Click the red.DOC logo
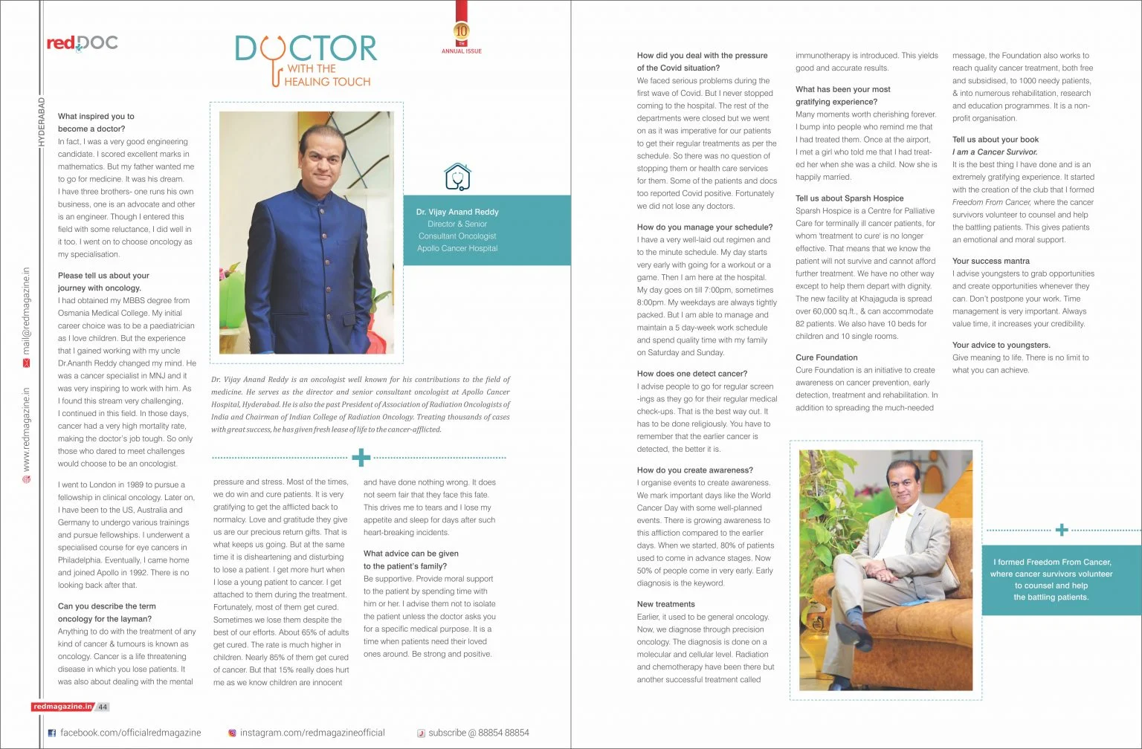(82, 43)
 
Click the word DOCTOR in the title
(306, 48)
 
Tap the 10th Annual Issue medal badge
(462, 32)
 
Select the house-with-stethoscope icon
(457, 177)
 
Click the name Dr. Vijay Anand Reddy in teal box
(457, 212)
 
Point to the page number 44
(103, 707)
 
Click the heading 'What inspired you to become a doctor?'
(96, 123)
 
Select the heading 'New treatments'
(665, 604)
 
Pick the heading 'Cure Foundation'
(826, 357)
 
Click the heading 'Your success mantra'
(990, 261)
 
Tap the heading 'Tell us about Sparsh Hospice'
(849, 198)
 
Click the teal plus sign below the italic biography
(361, 457)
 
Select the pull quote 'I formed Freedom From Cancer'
(1051, 579)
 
